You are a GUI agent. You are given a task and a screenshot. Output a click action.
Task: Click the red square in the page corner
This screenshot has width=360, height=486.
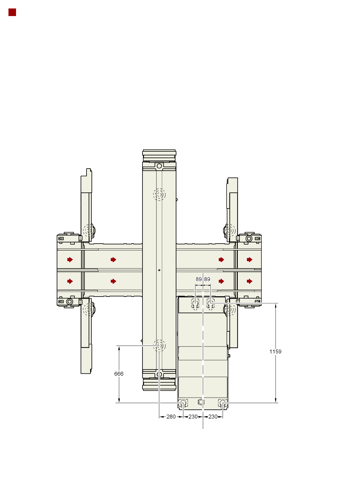pyautogui.click(x=12, y=12)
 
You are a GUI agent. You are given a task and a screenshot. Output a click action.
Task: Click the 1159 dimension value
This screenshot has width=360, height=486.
pyautogui.click(x=275, y=351)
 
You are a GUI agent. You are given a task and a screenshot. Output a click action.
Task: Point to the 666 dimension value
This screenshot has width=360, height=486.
pyautogui.click(x=119, y=374)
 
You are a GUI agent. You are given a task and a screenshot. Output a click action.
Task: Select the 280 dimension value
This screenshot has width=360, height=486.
pyautogui.click(x=171, y=416)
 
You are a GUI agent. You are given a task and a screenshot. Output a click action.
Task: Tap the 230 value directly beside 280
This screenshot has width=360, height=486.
pyautogui.click(x=193, y=416)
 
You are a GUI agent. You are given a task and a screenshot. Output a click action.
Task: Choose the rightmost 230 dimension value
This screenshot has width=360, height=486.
pyautogui.click(x=213, y=416)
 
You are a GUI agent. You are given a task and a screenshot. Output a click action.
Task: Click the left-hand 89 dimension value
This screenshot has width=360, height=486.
pyautogui.click(x=198, y=279)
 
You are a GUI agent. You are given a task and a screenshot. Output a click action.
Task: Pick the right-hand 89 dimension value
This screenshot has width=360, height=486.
pyautogui.click(x=207, y=279)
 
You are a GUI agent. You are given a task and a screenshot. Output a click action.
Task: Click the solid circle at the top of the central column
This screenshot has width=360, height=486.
pyautogui.click(x=159, y=166)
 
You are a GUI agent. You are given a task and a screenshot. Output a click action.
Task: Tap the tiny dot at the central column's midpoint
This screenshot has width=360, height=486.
pyautogui.click(x=159, y=270)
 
